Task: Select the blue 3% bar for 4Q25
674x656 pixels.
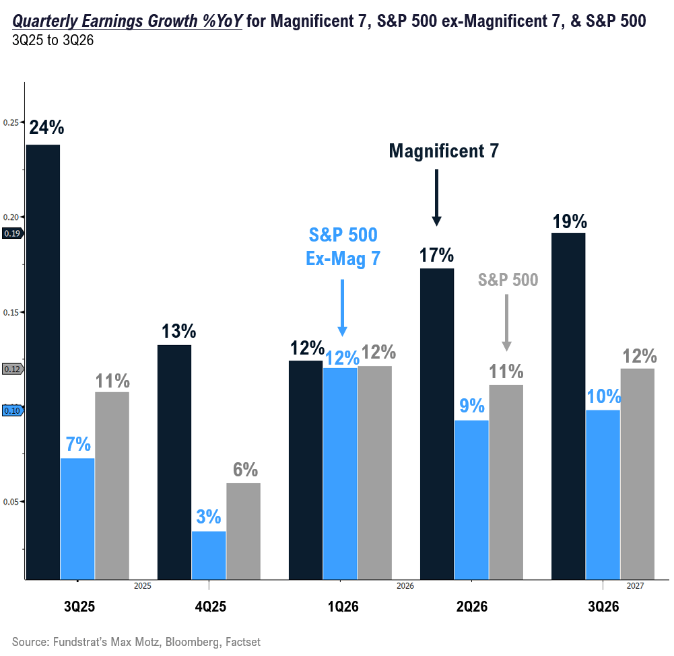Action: [209, 554]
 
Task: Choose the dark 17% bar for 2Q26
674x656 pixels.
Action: [437, 423]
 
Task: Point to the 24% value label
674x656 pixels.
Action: [46, 128]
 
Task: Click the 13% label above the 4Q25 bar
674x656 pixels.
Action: [178, 331]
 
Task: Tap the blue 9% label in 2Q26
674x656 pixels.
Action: [472, 406]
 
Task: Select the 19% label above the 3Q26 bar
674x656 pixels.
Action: [570, 221]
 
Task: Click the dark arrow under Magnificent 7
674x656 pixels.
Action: [436, 197]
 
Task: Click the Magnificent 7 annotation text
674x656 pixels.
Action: [444, 151]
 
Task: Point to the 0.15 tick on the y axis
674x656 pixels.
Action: [11, 312]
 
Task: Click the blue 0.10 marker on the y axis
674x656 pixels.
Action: [12, 410]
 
